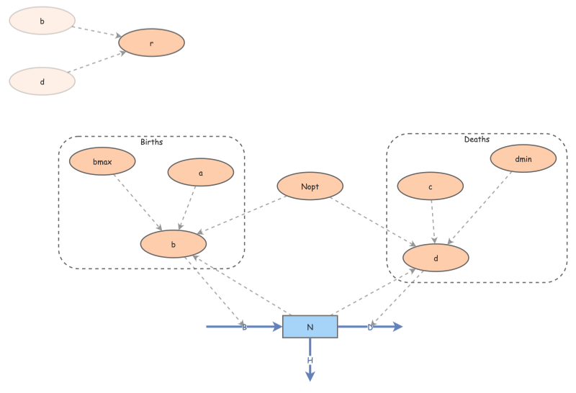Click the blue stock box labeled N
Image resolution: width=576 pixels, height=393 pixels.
coord(310,327)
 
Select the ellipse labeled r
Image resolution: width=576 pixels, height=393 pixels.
coord(151,43)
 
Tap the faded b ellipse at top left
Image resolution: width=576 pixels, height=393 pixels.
coord(42,21)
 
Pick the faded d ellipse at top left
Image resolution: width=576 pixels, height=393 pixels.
coord(42,81)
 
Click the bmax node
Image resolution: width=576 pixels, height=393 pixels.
coord(102,162)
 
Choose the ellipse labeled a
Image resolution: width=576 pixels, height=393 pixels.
coord(200,173)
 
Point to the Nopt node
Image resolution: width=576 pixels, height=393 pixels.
coord(310,186)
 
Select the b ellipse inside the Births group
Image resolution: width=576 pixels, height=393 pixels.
coord(173,244)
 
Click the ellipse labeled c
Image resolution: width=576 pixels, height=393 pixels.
coord(430,186)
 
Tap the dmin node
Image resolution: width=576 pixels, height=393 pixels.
coord(523,159)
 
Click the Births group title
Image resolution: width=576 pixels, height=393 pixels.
coord(151,142)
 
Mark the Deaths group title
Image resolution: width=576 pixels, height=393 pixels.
coord(477,139)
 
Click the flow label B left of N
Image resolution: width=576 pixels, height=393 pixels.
coord(244,327)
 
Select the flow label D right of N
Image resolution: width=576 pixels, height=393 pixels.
coord(370,327)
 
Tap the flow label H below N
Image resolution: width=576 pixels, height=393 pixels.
coord(310,360)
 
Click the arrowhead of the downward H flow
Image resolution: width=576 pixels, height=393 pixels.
coord(310,375)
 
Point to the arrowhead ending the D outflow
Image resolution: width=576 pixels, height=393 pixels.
coord(397,327)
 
